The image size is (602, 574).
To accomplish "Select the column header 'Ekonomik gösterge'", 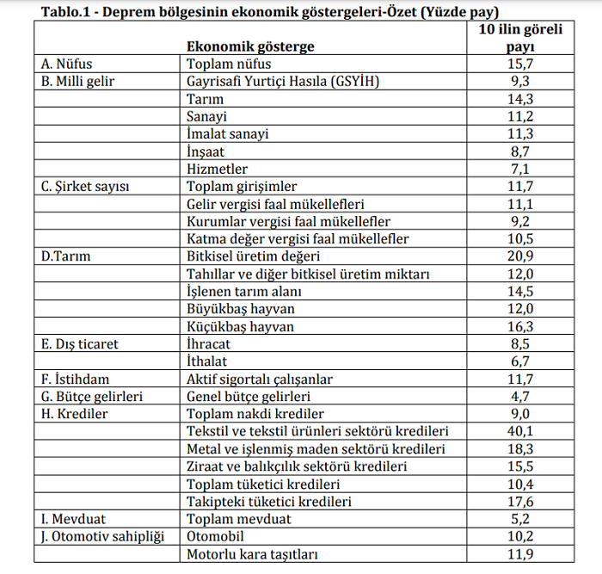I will click(250, 46).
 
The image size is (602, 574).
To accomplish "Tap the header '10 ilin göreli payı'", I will click(519, 38).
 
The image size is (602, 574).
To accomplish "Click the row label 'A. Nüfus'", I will click(66, 65).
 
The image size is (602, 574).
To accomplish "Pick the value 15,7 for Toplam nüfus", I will click(519, 65).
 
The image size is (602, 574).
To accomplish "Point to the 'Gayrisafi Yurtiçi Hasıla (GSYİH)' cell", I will click(283, 82).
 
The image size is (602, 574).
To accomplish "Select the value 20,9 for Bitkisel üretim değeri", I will click(519, 256).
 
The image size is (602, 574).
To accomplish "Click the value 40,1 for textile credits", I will click(519, 431).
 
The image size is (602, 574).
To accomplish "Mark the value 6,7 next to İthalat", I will click(519, 361).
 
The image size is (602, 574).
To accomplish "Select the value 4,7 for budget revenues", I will click(519, 397).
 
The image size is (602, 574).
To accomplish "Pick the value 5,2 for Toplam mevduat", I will click(519, 519).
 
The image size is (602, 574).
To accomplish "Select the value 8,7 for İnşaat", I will click(519, 151).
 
